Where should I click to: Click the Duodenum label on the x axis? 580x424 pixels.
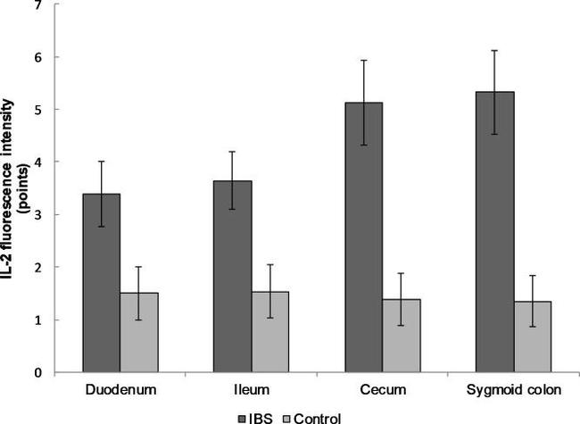(x=119, y=391)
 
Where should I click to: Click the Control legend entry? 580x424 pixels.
(x=312, y=417)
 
